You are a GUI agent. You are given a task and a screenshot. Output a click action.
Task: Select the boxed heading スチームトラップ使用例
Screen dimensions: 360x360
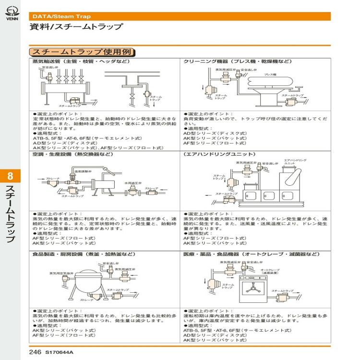click(83, 52)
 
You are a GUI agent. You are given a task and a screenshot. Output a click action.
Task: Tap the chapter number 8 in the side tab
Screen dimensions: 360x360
click(11, 177)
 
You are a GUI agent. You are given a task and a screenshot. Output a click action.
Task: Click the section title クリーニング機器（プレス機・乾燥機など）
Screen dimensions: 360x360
click(237, 62)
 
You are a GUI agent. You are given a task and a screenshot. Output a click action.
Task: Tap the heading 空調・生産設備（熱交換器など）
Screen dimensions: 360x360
click(72, 155)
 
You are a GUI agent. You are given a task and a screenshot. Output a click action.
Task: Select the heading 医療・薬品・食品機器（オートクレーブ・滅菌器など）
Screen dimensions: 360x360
click(251, 254)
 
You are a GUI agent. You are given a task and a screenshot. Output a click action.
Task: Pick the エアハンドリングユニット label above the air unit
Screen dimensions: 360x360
click(295, 161)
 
